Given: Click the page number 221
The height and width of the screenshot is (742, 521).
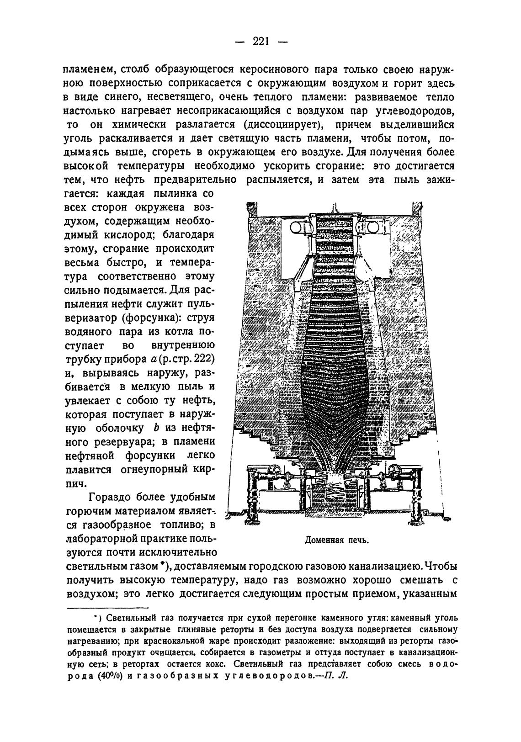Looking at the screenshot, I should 260,42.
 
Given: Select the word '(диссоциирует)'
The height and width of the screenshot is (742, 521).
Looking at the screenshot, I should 283,125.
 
